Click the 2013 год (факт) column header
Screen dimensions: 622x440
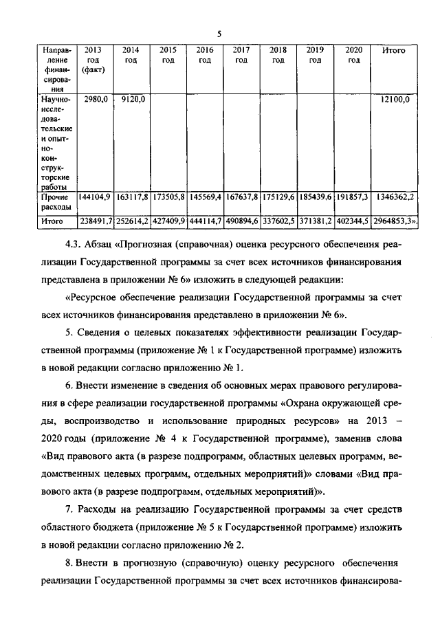[93, 60]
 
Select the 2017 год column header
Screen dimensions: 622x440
[241, 56]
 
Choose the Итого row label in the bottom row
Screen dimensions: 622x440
[52, 221]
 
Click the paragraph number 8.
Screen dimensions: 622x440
[67, 563]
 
